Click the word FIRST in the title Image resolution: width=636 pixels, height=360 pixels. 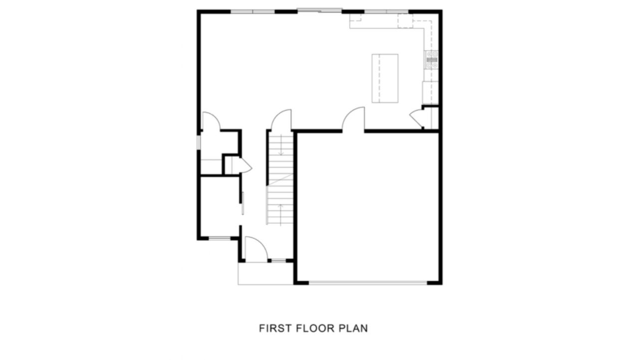[275, 329]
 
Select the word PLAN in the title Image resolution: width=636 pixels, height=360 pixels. [354, 329]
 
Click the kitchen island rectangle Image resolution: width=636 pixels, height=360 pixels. [385, 78]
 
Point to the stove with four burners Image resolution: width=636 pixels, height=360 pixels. [431, 60]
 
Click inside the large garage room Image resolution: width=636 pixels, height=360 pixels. [368, 207]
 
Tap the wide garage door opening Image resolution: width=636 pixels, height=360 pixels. [368, 283]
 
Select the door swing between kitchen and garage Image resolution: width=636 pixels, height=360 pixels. [354, 119]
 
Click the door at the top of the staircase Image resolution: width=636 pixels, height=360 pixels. [282, 120]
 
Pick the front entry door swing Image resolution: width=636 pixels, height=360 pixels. [256, 249]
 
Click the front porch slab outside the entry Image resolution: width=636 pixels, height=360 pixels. [265, 273]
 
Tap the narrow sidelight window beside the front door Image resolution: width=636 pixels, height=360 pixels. [278, 261]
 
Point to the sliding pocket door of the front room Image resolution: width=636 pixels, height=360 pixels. [243, 203]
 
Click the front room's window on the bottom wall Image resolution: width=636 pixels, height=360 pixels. [219, 238]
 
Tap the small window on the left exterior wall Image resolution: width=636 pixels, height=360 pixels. [199, 142]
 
